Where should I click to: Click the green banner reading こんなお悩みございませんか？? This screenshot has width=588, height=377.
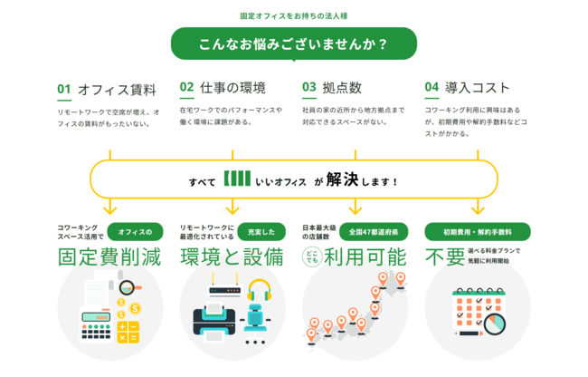pyautogui.click(x=294, y=43)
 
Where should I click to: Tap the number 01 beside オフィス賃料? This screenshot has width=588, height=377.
pyautogui.click(x=63, y=89)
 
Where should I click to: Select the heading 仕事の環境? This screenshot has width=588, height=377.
pyautogui.click(x=232, y=88)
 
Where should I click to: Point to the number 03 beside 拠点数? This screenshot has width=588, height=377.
pyautogui.click(x=309, y=88)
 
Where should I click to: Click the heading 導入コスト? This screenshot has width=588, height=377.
pyautogui.click(x=478, y=88)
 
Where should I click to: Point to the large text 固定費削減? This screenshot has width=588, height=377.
pyautogui.click(x=109, y=256)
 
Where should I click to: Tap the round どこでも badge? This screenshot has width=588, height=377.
pyautogui.click(x=313, y=256)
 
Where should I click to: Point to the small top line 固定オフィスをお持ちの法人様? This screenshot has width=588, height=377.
pyautogui.click(x=294, y=16)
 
